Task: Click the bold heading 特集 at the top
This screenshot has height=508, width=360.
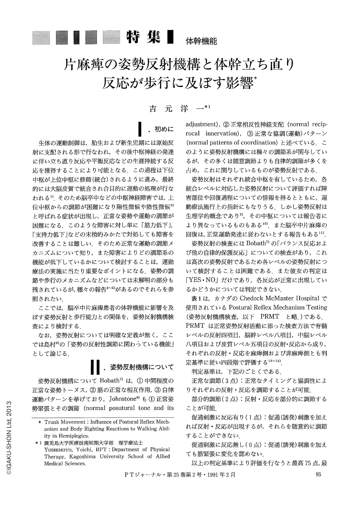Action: pyautogui.click(x=144, y=37)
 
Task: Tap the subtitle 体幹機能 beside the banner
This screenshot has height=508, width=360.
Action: pyautogui.click(x=201, y=41)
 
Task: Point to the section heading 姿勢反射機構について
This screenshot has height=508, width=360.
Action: pyautogui.click(x=142, y=367)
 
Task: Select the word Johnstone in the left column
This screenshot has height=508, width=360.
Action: pyautogui.click(x=125, y=398)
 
